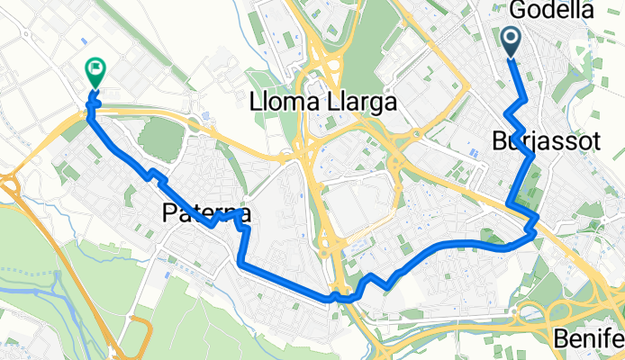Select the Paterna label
tap(206, 213)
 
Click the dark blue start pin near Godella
tap(511, 41)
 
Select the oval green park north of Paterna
tap(161, 136)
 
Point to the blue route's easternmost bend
tap(537, 232)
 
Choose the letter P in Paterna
tap(170, 213)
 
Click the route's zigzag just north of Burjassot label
tap(514, 117)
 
